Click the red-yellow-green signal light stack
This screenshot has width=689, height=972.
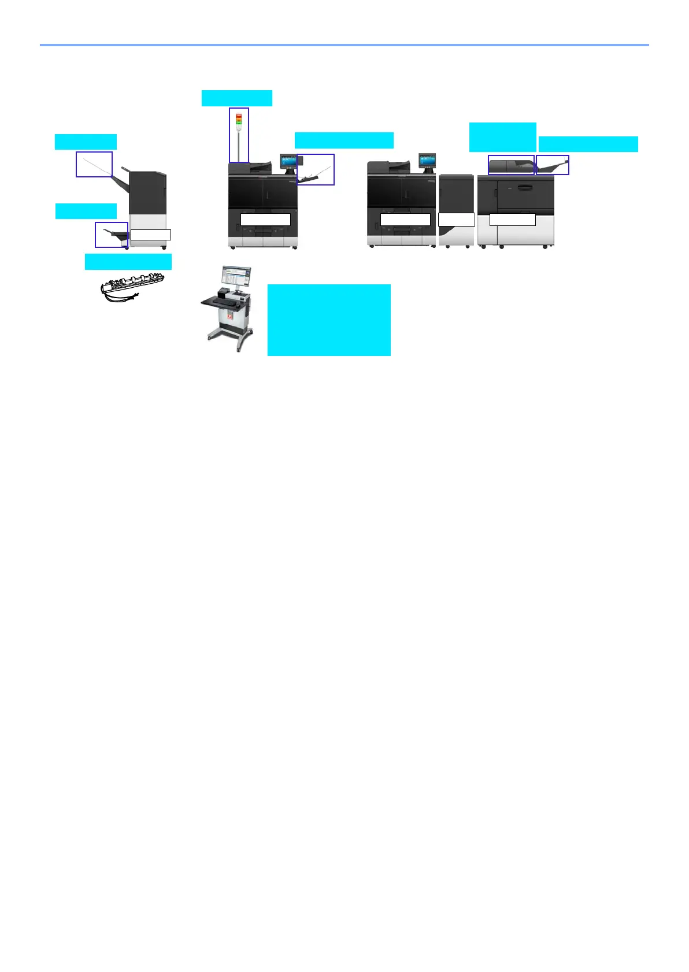click(x=239, y=120)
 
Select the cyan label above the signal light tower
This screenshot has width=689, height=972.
click(x=236, y=98)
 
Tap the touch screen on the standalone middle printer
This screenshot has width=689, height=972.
click(x=288, y=161)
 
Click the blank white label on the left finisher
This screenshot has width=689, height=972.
click(x=150, y=235)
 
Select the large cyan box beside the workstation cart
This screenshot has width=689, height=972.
click(x=328, y=320)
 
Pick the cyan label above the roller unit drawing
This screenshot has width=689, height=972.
click(x=128, y=262)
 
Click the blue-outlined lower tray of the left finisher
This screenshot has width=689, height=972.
click(x=112, y=235)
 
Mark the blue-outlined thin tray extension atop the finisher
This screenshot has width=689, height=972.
click(x=94, y=164)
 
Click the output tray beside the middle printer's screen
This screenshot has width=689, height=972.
click(x=316, y=170)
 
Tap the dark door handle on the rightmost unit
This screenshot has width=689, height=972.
click(x=525, y=187)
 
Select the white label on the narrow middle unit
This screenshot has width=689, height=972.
click(x=456, y=220)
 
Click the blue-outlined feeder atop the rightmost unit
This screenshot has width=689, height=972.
click(x=511, y=165)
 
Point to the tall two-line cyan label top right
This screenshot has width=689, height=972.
click(x=502, y=137)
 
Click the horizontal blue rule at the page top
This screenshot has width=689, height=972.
click(x=344, y=44)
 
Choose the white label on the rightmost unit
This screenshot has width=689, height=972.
click(x=512, y=220)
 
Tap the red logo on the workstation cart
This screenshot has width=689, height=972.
click(x=230, y=317)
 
